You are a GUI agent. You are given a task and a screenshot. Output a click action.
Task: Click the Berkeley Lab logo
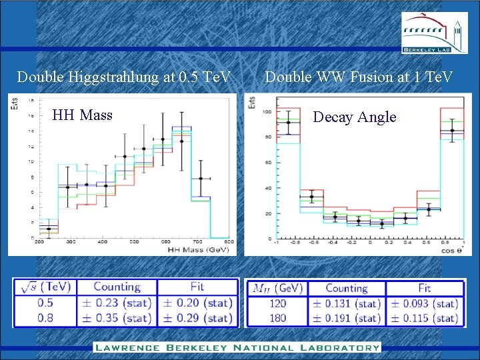coord(435,33)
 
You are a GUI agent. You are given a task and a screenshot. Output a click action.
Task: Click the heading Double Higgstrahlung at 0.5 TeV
coord(124,77)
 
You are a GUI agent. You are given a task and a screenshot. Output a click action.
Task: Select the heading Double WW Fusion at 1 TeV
coord(359,77)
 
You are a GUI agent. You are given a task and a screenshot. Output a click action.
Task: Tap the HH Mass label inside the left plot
coord(82,115)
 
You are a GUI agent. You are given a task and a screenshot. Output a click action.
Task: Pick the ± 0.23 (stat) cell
coord(117,302)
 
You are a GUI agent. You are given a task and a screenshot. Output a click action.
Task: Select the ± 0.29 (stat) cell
coord(197,318)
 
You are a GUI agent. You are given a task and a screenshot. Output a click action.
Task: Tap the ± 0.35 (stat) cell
coord(117,318)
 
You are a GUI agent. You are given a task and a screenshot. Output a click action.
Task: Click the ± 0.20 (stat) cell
coord(197,302)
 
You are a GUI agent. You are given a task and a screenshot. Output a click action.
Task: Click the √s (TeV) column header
coord(44,287)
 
